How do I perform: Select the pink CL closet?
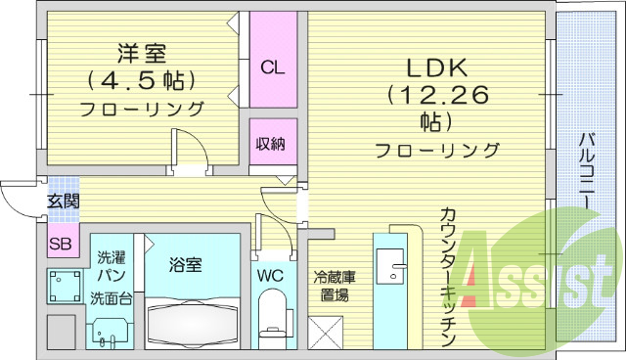[272, 67]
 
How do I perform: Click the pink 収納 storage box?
[271, 144]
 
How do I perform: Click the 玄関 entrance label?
[63, 202]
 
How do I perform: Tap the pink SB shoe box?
[60, 244]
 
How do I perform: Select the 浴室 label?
[185, 263]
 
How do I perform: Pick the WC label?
[270, 277]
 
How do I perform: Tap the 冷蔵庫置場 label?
[334, 286]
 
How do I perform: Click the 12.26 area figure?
[435, 95]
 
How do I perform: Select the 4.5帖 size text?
[141, 79]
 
